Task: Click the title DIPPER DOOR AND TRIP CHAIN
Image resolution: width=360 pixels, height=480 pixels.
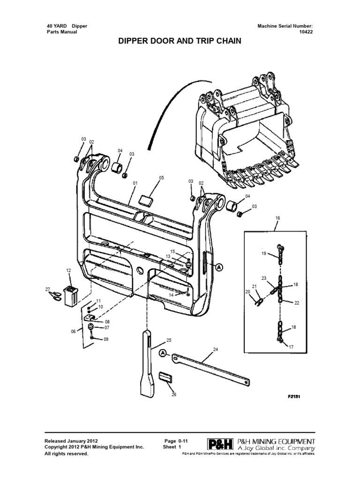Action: click(x=180, y=41)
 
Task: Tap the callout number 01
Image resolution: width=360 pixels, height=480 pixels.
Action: click(x=135, y=182)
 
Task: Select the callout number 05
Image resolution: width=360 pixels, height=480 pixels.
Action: click(x=162, y=178)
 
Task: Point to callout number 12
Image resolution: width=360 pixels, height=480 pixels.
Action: click(x=68, y=271)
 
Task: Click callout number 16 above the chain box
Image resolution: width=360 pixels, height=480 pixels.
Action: click(x=277, y=218)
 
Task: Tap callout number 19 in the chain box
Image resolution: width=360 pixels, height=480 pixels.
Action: click(x=264, y=253)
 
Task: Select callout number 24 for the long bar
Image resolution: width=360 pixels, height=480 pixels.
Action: click(x=216, y=350)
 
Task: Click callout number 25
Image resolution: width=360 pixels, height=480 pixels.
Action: click(x=169, y=340)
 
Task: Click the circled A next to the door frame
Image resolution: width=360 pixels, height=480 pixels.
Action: click(x=219, y=266)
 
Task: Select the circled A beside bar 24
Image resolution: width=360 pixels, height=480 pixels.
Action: click(x=162, y=353)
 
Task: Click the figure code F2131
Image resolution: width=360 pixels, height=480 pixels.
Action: click(x=294, y=396)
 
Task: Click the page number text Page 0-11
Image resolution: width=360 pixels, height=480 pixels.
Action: click(x=176, y=441)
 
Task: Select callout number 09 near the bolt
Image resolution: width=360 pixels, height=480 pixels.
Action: click(x=105, y=339)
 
